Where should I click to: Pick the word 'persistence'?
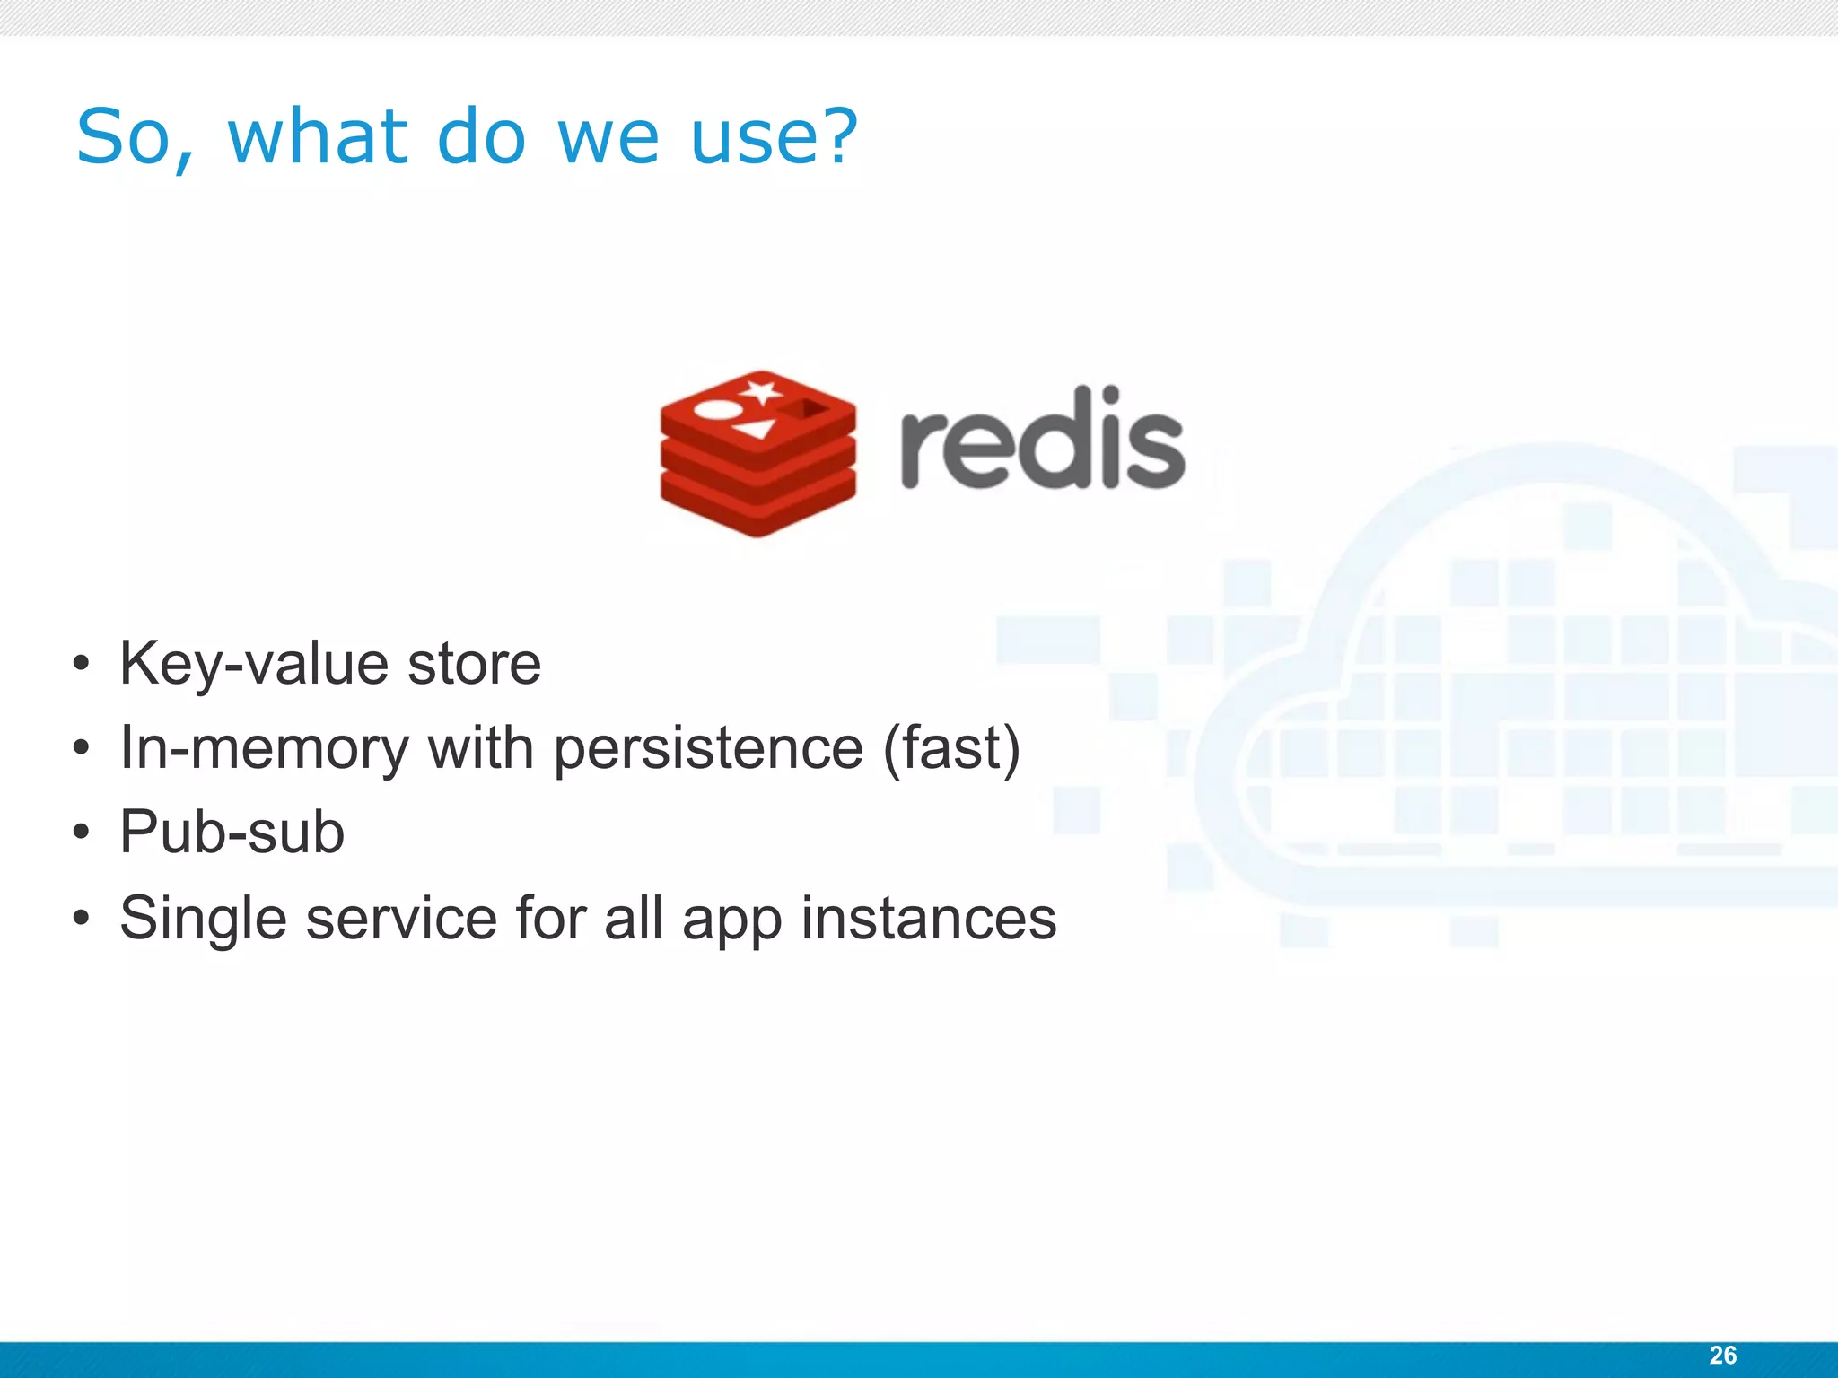coord(708,748)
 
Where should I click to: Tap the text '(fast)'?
coord(952,748)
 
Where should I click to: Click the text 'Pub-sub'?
coord(232,832)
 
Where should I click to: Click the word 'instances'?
coord(928,919)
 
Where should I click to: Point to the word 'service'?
coord(401,919)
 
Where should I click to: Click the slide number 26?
coord(1722,1355)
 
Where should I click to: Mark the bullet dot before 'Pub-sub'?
coord(82,833)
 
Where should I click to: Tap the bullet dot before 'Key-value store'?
coord(82,664)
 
